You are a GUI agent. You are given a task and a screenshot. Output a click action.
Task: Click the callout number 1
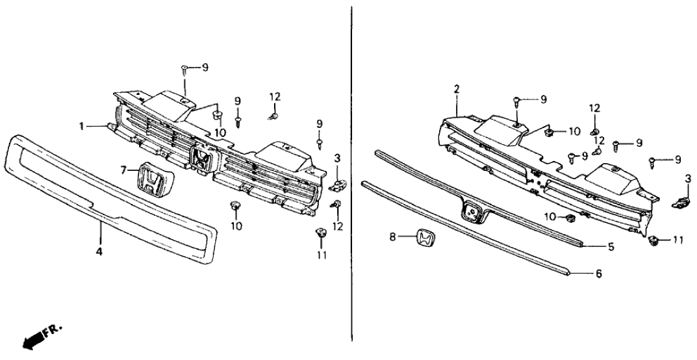tap(83, 126)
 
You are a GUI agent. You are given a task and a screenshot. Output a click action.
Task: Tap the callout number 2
tap(457, 88)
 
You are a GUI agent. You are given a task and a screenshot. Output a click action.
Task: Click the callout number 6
tap(598, 274)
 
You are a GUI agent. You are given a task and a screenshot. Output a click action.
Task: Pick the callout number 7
tap(124, 170)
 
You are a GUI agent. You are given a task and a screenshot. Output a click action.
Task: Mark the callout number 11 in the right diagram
tap(678, 240)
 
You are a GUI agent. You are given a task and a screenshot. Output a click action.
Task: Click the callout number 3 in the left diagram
tap(336, 158)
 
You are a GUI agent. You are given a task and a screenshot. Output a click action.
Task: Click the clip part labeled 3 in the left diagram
tap(336, 186)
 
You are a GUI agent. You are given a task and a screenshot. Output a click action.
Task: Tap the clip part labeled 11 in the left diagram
tap(321, 233)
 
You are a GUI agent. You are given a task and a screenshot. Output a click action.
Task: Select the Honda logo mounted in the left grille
tap(202, 159)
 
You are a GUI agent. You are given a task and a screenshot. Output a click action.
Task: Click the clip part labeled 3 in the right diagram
tap(679, 201)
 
